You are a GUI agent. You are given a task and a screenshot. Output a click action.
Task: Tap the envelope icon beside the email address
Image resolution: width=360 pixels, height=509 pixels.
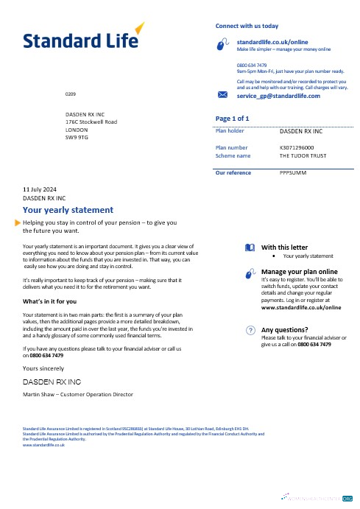pos(224,96)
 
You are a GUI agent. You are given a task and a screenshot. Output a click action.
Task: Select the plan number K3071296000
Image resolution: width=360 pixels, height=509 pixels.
pos(302,147)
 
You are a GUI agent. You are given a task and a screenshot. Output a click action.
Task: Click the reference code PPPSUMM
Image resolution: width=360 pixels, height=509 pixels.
pos(293,173)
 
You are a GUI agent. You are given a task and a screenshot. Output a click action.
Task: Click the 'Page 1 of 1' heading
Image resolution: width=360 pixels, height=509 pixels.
pos(231,118)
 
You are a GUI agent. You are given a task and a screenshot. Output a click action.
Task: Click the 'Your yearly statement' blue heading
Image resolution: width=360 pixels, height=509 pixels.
pos(68,209)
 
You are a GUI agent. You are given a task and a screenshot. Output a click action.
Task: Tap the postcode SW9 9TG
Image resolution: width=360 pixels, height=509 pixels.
pos(77,137)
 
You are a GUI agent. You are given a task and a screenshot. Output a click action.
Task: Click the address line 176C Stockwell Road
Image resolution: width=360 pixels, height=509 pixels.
pos(91,121)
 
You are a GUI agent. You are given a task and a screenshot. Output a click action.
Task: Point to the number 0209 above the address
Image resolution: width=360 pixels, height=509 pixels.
pos(70,96)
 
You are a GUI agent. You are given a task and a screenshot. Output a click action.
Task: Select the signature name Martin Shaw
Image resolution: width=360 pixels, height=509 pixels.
pos(43,395)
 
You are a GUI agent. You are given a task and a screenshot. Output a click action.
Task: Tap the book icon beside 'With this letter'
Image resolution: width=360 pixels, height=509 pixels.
pos(250,248)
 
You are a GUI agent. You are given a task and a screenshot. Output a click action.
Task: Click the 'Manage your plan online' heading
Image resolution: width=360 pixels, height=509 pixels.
pos(303,272)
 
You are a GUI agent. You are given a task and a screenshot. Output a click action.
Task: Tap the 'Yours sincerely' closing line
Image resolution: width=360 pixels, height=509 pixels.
pos(43,368)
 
